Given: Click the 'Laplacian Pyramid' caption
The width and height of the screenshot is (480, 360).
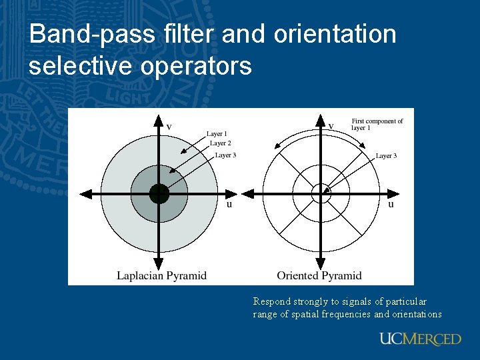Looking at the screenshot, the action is click(x=161, y=275).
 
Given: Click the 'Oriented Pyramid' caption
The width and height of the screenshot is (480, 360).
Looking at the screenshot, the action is click(x=319, y=275).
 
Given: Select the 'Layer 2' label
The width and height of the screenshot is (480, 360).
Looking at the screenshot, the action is click(x=221, y=143).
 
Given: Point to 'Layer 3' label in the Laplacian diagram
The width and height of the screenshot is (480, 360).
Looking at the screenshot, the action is click(x=225, y=155).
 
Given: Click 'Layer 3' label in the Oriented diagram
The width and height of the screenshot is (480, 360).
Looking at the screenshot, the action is click(x=386, y=156).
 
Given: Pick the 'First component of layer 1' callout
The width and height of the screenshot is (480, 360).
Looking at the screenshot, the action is click(x=377, y=125).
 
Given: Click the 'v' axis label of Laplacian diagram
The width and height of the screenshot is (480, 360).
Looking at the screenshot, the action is click(x=169, y=126).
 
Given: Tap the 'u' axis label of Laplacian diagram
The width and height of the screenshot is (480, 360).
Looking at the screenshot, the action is click(x=229, y=204).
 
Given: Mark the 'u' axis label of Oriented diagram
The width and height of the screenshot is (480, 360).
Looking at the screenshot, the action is click(x=391, y=204).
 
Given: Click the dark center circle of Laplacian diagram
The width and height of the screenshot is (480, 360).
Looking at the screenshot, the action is click(x=159, y=194).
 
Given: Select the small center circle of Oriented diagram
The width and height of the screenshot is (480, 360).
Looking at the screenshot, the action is click(x=321, y=193).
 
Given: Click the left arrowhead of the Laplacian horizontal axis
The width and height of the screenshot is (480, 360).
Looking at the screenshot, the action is click(x=85, y=194).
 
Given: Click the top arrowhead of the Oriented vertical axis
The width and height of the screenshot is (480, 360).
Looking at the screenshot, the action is click(x=321, y=120).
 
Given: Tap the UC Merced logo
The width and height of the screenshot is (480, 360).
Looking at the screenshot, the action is click(x=420, y=339).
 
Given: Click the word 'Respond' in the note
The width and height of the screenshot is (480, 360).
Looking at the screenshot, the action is click(x=271, y=302).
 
